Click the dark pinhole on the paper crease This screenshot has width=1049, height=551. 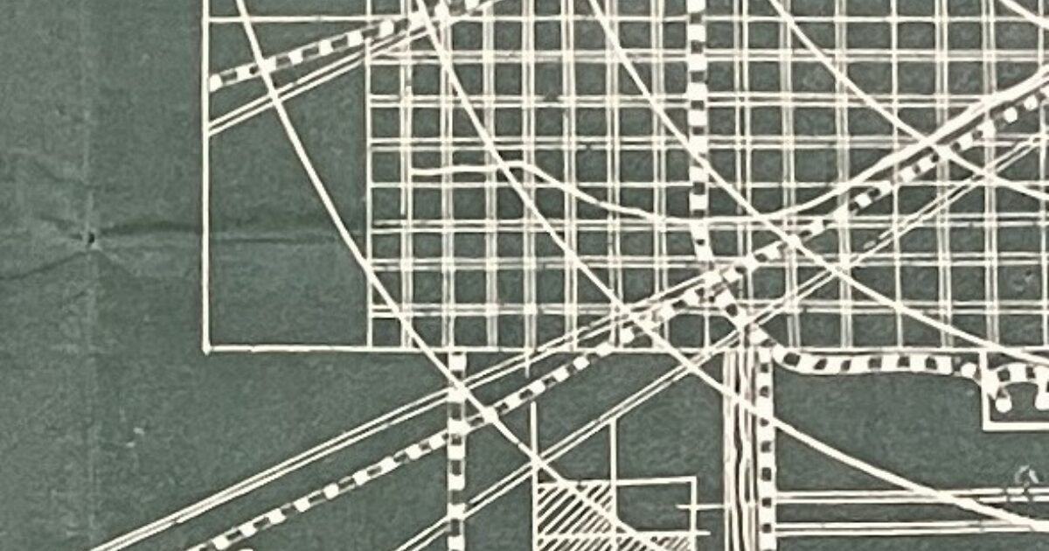coord(89,236)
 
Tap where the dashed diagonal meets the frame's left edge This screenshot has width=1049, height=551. coord(210,84)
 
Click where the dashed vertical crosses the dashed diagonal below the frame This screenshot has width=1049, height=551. coord(456,429)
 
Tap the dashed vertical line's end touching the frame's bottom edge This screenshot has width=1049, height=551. coord(456,353)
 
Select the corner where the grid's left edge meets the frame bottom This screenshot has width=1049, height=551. coord(371,348)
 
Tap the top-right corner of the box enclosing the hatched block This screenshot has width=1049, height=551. coord(695,478)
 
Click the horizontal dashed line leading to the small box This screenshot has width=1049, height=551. coord(874,361)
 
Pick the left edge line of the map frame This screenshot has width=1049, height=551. coord(206,219)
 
